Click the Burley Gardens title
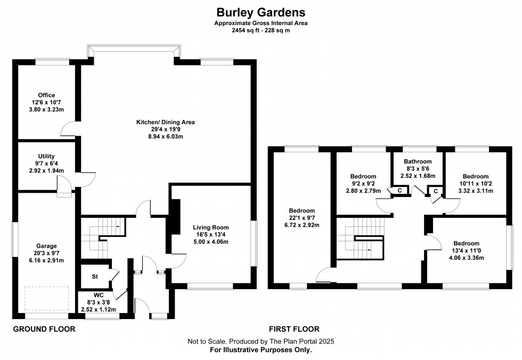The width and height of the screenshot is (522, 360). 260,11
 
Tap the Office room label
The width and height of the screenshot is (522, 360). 46,96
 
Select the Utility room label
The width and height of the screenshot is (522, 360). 46,157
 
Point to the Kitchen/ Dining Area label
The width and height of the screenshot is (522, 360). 165,122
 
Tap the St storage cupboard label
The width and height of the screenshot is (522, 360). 95,276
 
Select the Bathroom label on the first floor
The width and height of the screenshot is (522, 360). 417,161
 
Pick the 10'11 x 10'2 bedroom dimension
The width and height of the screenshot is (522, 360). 475,184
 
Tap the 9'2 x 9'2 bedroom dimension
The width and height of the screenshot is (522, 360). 363,184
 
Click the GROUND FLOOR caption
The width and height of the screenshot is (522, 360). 44,329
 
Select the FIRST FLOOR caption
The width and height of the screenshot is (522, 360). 295,329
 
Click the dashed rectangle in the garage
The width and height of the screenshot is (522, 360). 47,300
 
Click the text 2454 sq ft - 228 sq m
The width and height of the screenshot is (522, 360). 260,30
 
